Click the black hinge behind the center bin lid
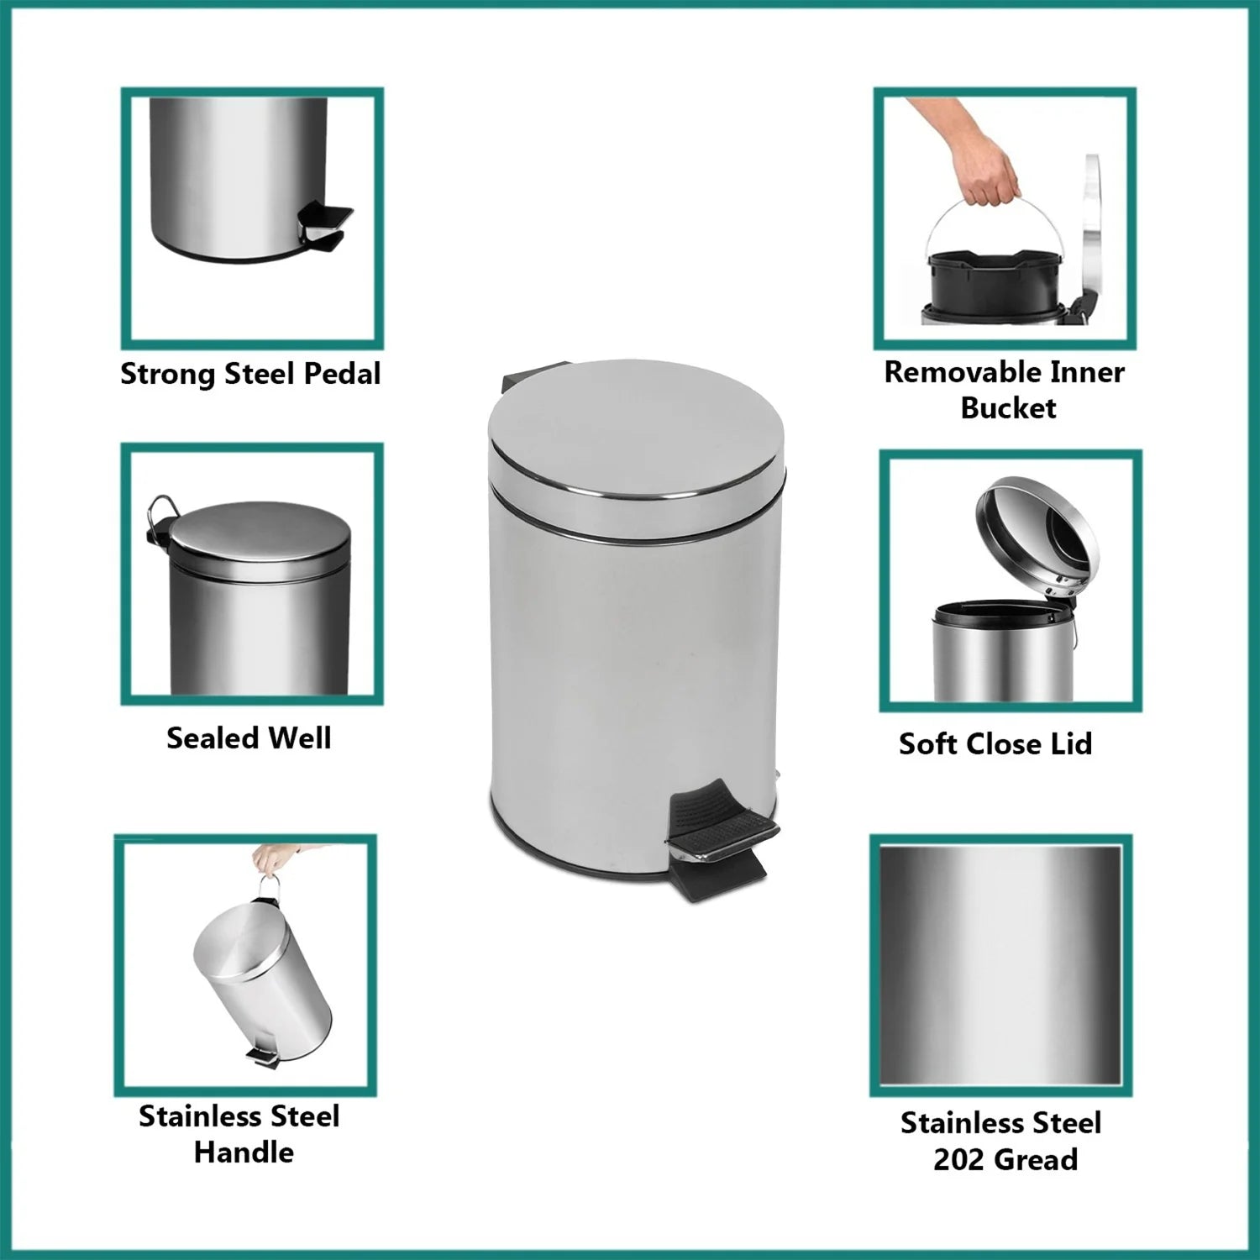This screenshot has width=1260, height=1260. pos(534,375)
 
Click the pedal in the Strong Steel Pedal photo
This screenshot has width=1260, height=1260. pos(323,225)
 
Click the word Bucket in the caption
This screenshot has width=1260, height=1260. pos(1008,408)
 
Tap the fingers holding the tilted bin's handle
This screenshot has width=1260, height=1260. pos(273,859)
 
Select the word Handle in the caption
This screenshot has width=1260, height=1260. pos(244,1152)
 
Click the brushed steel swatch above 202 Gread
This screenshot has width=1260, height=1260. pos(1000,965)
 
